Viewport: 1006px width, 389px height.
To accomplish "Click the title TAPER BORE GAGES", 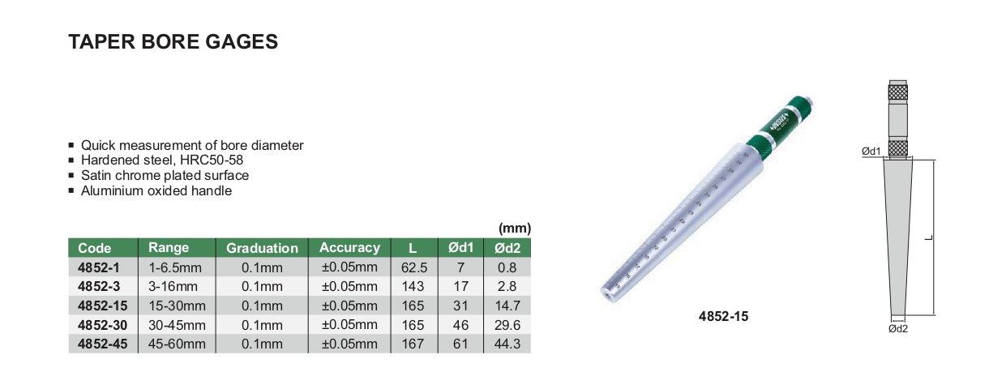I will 173,42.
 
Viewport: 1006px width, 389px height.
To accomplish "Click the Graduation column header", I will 262,248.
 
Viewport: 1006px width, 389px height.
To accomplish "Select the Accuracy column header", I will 349,248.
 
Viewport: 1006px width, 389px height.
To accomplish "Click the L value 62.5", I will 413,267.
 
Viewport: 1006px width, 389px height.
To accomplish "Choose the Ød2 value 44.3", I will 507,344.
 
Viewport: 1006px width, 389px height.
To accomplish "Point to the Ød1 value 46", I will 460,325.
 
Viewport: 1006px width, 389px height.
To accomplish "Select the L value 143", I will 413,286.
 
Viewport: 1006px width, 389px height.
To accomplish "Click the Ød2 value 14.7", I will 507,306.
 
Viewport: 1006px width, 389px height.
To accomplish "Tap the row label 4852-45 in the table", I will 98,344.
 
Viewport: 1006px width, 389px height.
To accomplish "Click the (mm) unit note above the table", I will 514,229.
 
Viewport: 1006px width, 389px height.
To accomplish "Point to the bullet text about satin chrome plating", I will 165,176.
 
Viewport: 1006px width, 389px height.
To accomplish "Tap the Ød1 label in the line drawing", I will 871,152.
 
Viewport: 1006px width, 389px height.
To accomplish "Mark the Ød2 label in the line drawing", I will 897,328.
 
